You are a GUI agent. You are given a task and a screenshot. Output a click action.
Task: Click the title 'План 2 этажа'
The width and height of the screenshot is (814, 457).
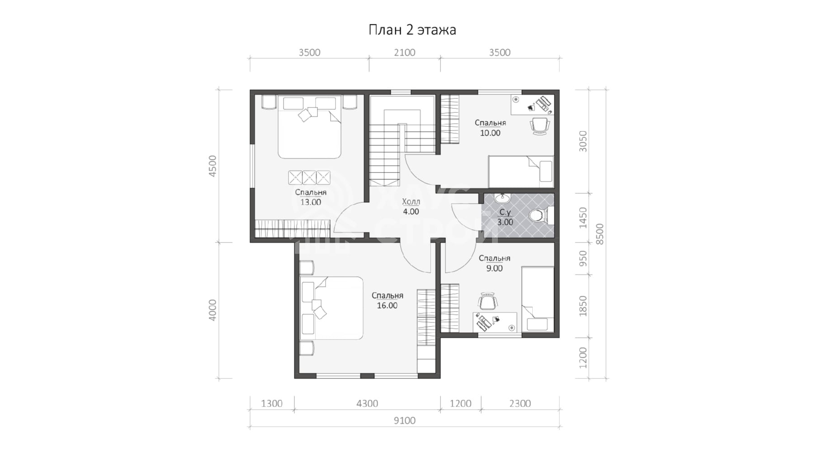(x=412, y=30)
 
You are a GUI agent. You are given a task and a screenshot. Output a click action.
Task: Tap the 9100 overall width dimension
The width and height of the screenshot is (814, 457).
(x=404, y=420)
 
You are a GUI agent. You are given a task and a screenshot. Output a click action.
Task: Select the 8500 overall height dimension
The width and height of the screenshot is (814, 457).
(x=600, y=234)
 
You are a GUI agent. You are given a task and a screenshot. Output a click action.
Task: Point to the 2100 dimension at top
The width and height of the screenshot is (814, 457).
(x=404, y=52)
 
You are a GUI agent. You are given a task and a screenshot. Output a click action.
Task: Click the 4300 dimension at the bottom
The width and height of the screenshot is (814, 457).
(x=367, y=403)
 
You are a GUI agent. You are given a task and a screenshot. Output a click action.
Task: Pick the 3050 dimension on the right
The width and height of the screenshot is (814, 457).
(x=583, y=141)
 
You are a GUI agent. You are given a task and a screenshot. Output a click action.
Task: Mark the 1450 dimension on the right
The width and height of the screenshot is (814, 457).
(x=583, y=217)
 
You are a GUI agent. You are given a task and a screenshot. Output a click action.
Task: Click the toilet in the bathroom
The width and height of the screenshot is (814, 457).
(x=540, y=215)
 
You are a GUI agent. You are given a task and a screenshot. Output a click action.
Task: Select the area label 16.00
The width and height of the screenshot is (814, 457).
(x=387, y=306)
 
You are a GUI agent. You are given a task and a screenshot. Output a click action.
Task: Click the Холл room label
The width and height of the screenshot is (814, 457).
(x=411, y=201)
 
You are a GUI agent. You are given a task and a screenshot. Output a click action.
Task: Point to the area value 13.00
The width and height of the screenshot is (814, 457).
(x=311, y=202)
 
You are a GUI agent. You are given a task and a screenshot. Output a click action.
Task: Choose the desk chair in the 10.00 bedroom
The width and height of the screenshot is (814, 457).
(x=540, y=126)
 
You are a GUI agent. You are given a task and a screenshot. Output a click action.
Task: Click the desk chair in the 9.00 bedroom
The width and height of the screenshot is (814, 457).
(x=487, y=301)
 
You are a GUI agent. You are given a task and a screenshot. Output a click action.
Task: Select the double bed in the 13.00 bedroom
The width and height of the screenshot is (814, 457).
(x=309, y=127)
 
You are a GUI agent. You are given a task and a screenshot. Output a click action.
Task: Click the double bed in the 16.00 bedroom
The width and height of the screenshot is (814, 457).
(x=331, y=308)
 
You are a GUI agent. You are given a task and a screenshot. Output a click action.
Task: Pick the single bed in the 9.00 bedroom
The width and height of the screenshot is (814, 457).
(x=538, y=299)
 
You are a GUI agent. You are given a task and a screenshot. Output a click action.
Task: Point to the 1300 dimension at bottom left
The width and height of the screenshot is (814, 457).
(x=271, y=403)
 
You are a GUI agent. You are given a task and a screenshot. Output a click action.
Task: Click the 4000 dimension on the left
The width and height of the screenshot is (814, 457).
(x=213, y=310)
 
